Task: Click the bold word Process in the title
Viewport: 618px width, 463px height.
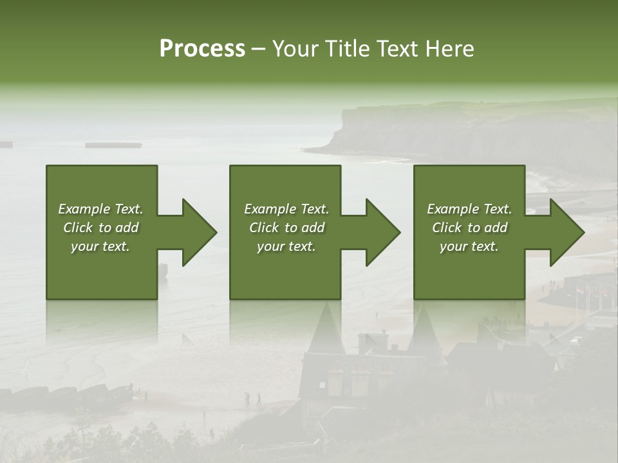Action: pos(202,49)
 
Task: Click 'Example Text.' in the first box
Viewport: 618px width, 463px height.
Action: pos(100,209)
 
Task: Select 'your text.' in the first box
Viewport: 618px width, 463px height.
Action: pos(100,246)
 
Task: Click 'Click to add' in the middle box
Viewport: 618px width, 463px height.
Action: pos(286,228)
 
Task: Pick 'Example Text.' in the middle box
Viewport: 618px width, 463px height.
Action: pos(286,209)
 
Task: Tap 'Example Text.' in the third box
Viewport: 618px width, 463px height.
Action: pos(469,209)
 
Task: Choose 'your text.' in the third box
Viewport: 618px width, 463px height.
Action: pos(469,246)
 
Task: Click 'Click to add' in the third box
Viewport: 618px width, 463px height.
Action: pos(469,228)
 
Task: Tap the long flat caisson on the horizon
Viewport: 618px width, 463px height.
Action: pos(113,145)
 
